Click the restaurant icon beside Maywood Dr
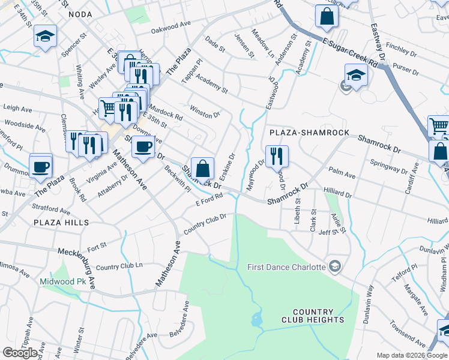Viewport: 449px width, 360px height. (277, 156)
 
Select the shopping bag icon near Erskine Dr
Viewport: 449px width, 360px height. (203, 168)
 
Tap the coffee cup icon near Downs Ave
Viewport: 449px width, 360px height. (143, 147)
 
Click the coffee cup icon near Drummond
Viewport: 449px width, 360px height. (41, 166)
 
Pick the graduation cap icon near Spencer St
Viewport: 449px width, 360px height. (45, 37)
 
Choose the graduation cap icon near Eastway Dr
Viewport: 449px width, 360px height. (356, 76)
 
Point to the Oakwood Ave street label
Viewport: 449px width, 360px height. (170, 27)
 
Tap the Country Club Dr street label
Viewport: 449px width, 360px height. (204, 224)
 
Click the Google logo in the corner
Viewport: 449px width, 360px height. (20, 353)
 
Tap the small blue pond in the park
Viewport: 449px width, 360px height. (258, 319)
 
